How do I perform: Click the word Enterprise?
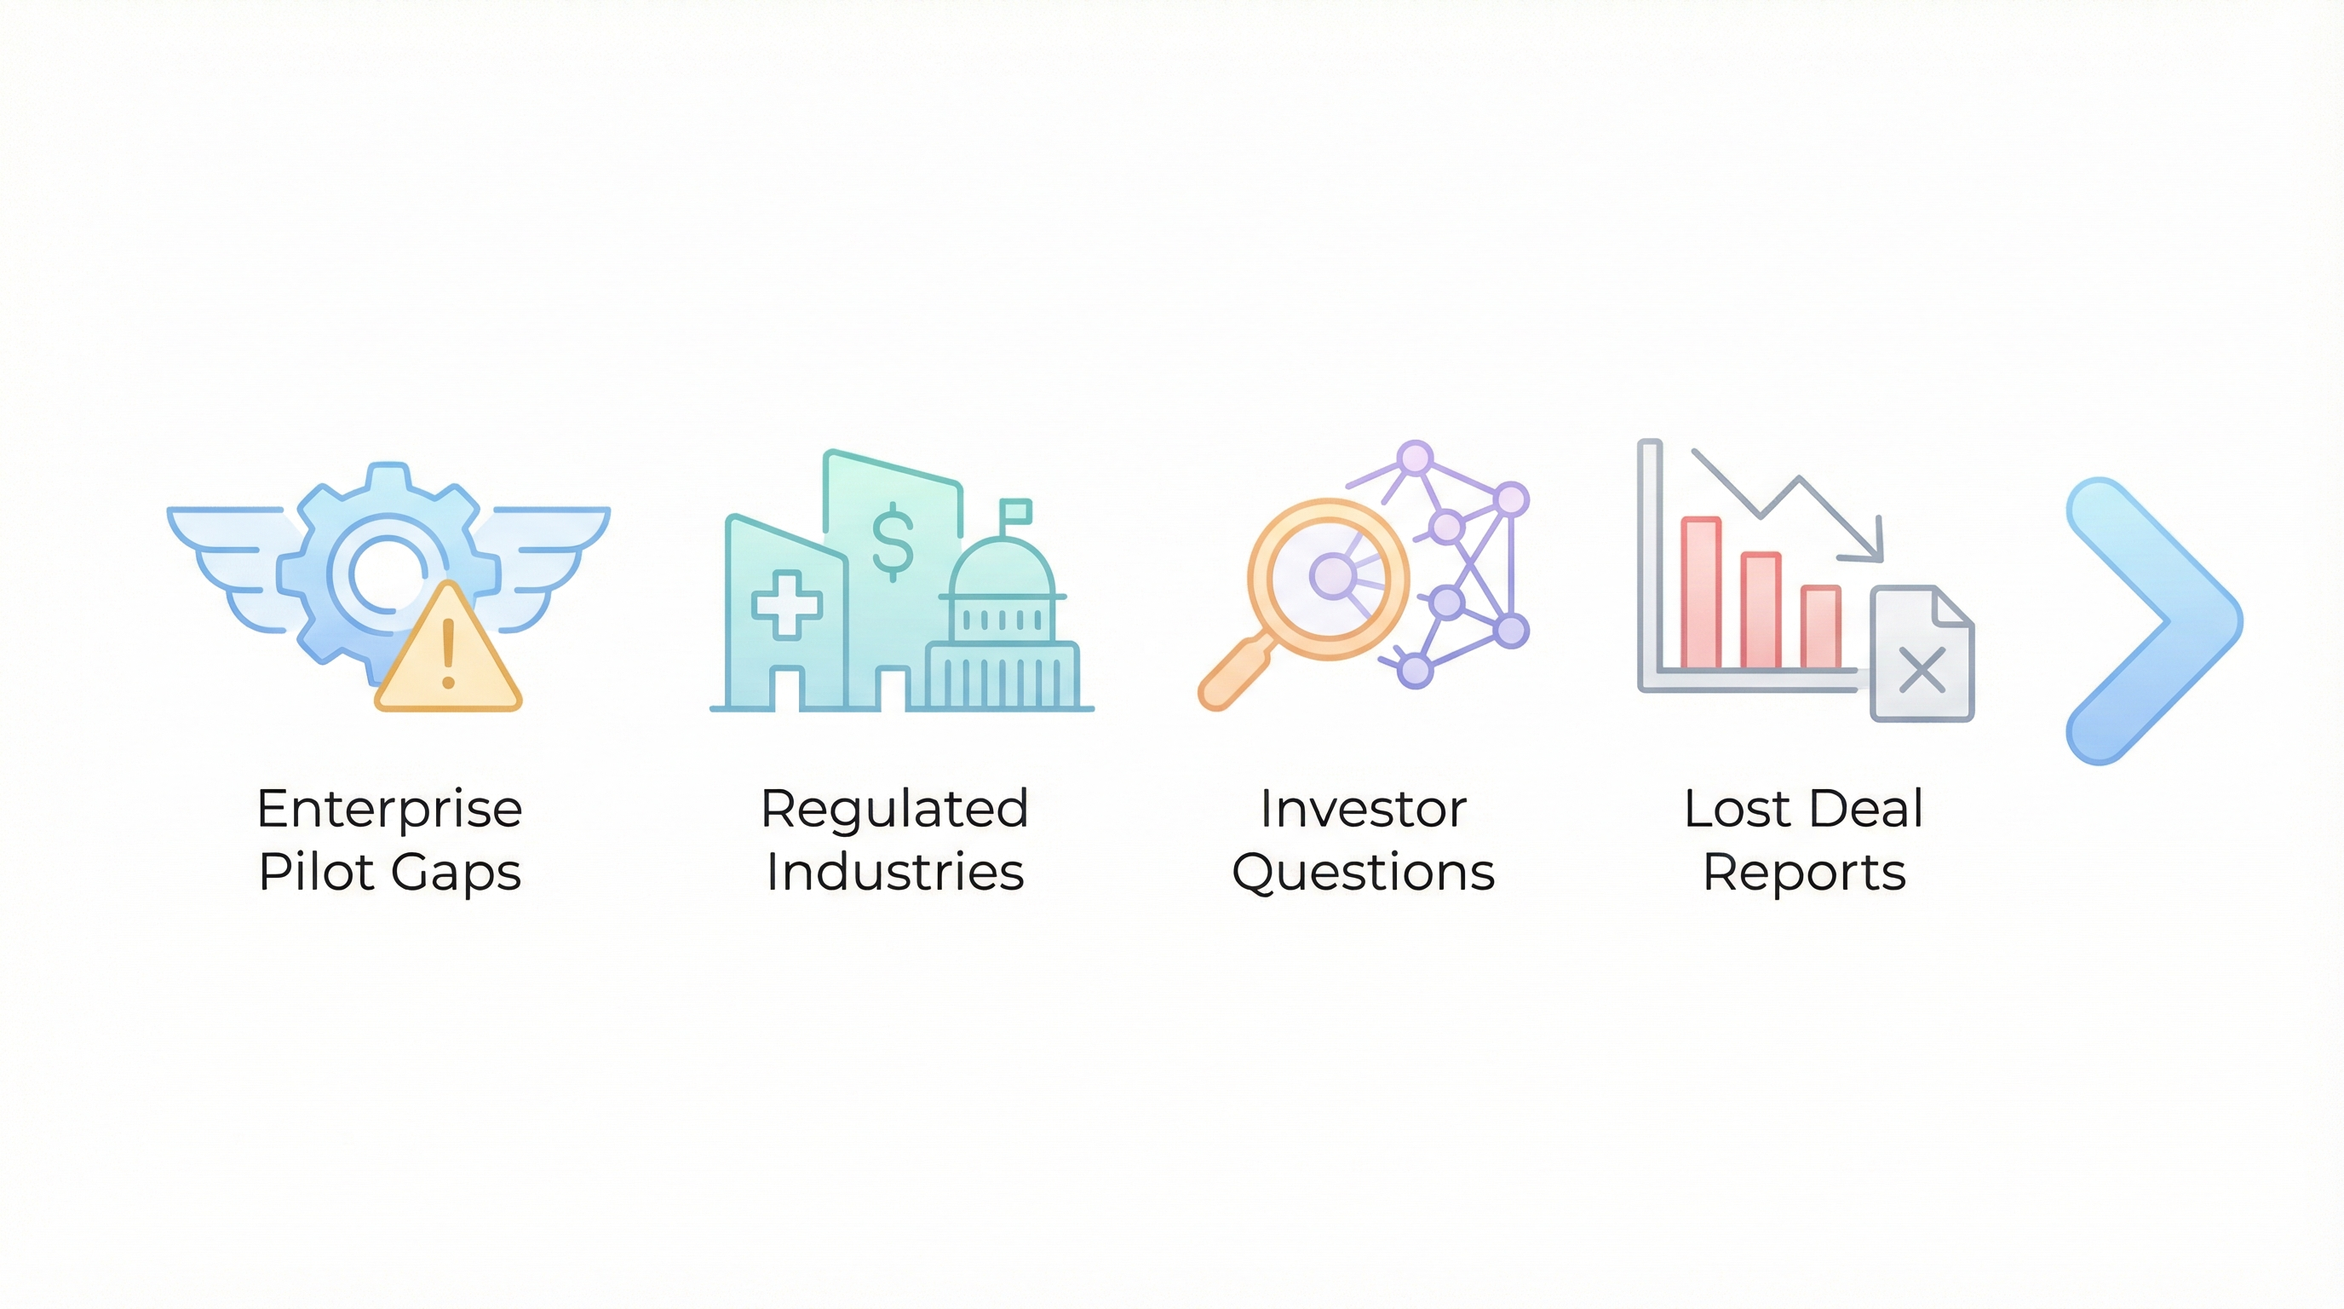[x=389, y=809]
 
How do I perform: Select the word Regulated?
[x=894, y=809]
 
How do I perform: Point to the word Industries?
[x=894, y=872]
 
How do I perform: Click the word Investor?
[x=1362, y=809]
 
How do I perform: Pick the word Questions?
[x=1362, y=872]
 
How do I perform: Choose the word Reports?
[x=1803, y=872]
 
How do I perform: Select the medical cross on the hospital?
[x=786, y=604]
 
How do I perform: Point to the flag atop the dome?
[x=1015, y=511]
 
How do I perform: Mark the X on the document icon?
[x=1922, y=670]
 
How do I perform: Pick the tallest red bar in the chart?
[x=1700, y=593]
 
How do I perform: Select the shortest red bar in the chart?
[x=1820, y=627]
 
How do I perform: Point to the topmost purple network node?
[x=1414, y=457]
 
